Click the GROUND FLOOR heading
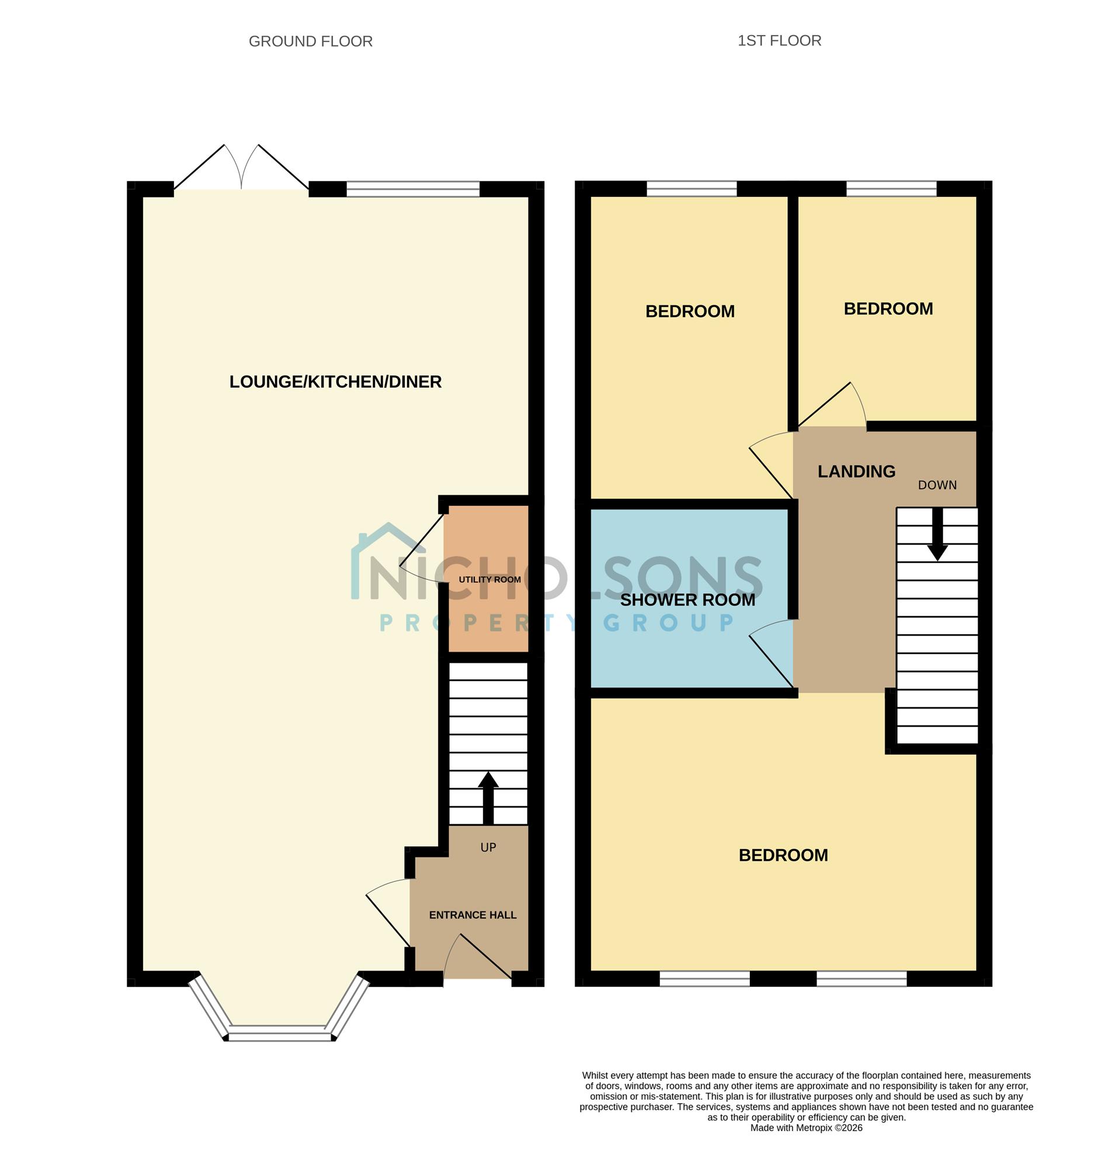(x=311, y=41)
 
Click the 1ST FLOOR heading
(x=779, y=40)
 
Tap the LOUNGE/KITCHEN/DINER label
(x=335, y=382)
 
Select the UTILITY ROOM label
(x=490, y=579)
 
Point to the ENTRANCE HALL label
(x=472, y=915)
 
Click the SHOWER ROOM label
(x=687, y=600)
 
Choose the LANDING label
(x=856, y=471)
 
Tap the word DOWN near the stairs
(x=937, y=485)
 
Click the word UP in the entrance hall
(x=488, y=847)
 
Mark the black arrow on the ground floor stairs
(x=488, y=798)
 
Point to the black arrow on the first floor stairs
(x=937, y=534)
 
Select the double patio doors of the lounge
(x=241, y=168)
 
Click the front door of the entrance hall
(x=478, y=957)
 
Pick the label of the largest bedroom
(x=783, y=855)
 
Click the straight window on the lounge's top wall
(x=413, y=189)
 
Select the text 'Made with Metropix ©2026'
(x=806, y=1128)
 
